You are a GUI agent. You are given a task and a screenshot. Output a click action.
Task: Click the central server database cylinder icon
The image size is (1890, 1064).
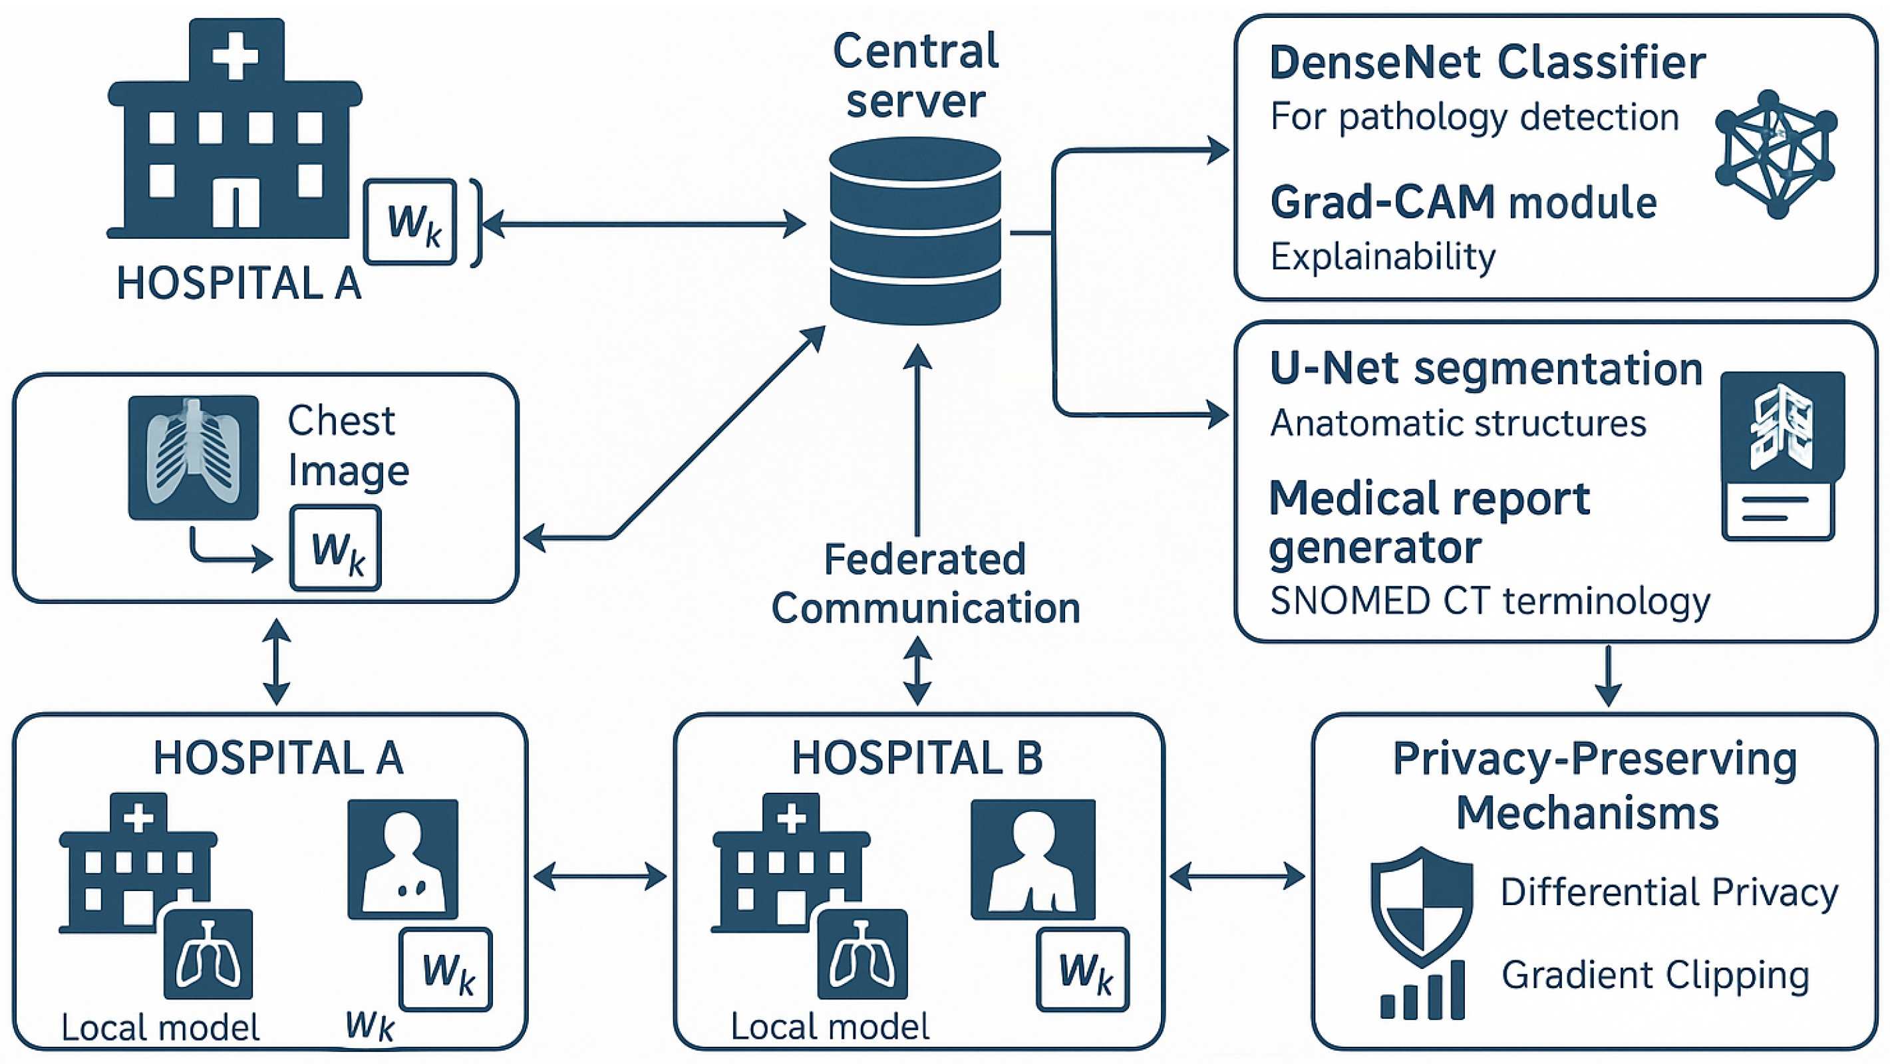[x=915, y=231]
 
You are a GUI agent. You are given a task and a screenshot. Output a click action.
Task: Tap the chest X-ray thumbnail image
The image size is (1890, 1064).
[x=193, y=458]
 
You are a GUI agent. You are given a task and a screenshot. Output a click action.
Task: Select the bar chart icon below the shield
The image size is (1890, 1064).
[x=1422, y=992]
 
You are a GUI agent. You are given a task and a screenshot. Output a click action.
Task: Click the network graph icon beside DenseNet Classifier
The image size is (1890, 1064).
[x=1775, y=154]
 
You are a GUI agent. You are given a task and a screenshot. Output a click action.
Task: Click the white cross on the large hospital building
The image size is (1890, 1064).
[x=236, y=55]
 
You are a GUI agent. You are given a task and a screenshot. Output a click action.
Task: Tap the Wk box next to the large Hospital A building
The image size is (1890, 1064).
[x=411, y=221]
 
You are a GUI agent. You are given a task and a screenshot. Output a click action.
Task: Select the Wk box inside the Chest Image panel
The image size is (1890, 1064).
[x=335, y=548]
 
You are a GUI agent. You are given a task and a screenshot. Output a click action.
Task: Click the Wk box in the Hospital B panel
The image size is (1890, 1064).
[x=1083, y=970]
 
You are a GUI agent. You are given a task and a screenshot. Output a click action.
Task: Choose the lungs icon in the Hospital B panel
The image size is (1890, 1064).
[x=863, y=954]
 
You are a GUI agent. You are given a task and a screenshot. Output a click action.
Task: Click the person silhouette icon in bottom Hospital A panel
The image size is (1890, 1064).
[x=402, y=859]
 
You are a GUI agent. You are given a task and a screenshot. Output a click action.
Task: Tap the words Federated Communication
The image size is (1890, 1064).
[x=925, y=584]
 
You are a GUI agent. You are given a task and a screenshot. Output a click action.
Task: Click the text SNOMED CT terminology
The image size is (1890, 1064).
[x=1490, y=601]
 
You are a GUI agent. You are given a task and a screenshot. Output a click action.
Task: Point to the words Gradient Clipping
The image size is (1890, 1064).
[x=1655, y=976]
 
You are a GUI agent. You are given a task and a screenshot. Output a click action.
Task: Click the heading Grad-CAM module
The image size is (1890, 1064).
[x=1463, y=202]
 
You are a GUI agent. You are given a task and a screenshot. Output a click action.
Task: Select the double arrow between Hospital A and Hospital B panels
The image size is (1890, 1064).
[x=600, y=876]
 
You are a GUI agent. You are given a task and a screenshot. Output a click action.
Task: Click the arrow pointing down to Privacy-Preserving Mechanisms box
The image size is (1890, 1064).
[x=1608, y=676]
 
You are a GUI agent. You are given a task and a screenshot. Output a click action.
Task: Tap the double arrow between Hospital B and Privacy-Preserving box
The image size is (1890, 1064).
[x=1237, y=876]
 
